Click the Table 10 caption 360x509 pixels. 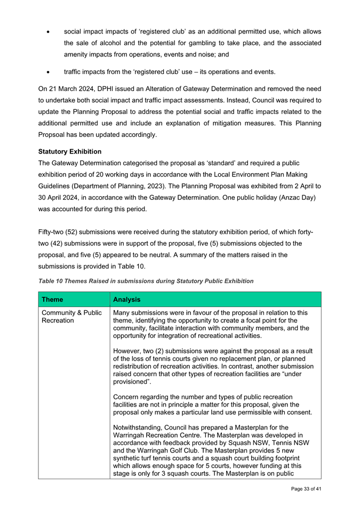click(146, 281)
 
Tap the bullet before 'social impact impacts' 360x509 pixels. click(49, 32)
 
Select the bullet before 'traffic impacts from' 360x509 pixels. click(49, 72)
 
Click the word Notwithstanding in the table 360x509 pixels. click(141, 427)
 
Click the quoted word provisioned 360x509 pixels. click(133, 382)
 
